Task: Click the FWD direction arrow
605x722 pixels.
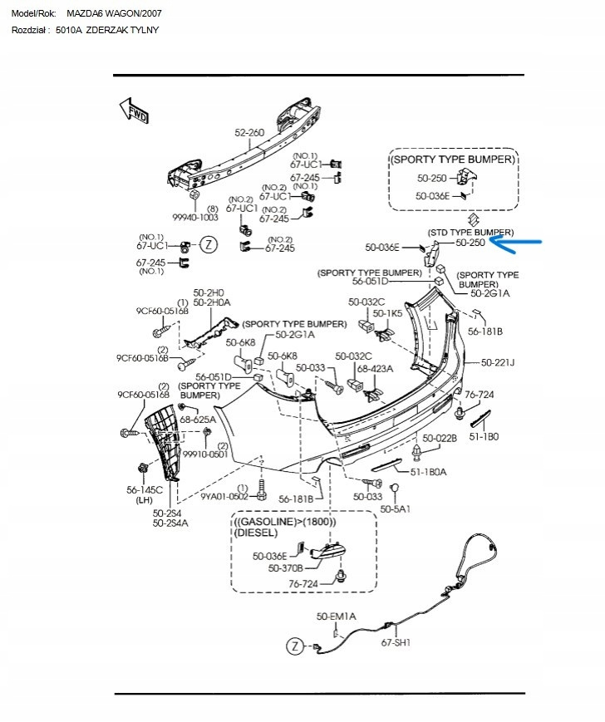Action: tap(134, 111)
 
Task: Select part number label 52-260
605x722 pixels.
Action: tap(249, 133)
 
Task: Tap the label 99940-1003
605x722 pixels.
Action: tap(195, 218)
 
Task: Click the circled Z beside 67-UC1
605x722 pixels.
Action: tap(209, 244)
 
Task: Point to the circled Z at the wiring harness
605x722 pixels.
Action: tap(295, 646)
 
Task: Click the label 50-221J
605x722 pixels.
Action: tap(498, 363)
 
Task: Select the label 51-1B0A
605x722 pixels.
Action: tap(428, 472)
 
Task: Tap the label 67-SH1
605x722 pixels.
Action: tap(396, 642)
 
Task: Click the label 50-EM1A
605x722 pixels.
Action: tap(336, 616)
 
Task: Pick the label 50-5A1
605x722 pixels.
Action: tap(395, 508)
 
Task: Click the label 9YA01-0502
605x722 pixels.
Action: tap(224, 496)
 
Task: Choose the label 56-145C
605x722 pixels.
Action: tap(145, 490)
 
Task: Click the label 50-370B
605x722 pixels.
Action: tap(286, 568)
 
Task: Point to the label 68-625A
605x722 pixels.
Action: tap(198, 419)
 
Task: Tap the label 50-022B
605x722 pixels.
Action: tap(440, 438)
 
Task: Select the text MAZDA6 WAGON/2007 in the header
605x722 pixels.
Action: tap(114, 13)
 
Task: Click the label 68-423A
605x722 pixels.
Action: tap(376, 368)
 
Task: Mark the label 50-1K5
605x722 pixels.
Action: tap(387, 313)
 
